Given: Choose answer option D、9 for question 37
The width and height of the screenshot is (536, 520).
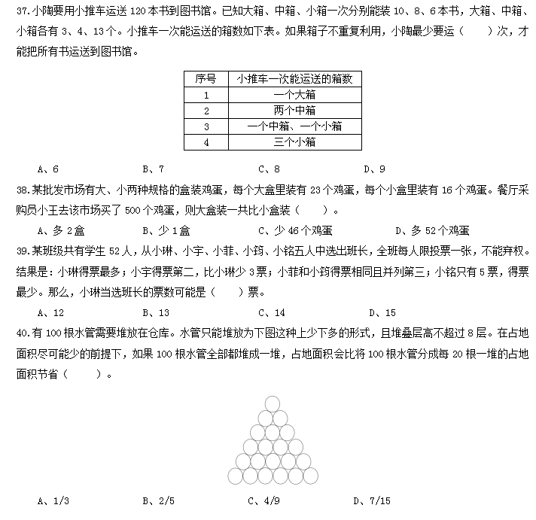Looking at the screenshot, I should pos(374,169).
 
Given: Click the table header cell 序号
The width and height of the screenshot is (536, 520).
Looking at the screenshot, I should pos(206,79).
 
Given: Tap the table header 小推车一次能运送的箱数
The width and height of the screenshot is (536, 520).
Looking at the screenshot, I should pos(294,79).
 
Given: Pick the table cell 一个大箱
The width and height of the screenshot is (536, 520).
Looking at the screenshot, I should pos(294,96).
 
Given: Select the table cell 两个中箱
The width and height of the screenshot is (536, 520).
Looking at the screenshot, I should pos(294,111).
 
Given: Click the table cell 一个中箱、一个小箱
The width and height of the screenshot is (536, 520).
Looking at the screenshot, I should pos(294,126).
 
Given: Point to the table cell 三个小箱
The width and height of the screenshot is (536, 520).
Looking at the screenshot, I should pos(294,141).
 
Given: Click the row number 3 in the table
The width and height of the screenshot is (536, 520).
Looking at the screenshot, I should pos(206,126).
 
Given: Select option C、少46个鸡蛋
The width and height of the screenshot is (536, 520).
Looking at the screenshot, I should pos(295,231).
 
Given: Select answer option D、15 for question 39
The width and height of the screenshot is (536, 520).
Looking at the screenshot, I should pos(382,312).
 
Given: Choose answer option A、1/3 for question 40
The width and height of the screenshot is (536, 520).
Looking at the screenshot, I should pos(53,500).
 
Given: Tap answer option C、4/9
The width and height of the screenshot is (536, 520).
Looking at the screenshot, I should pos(264,500).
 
